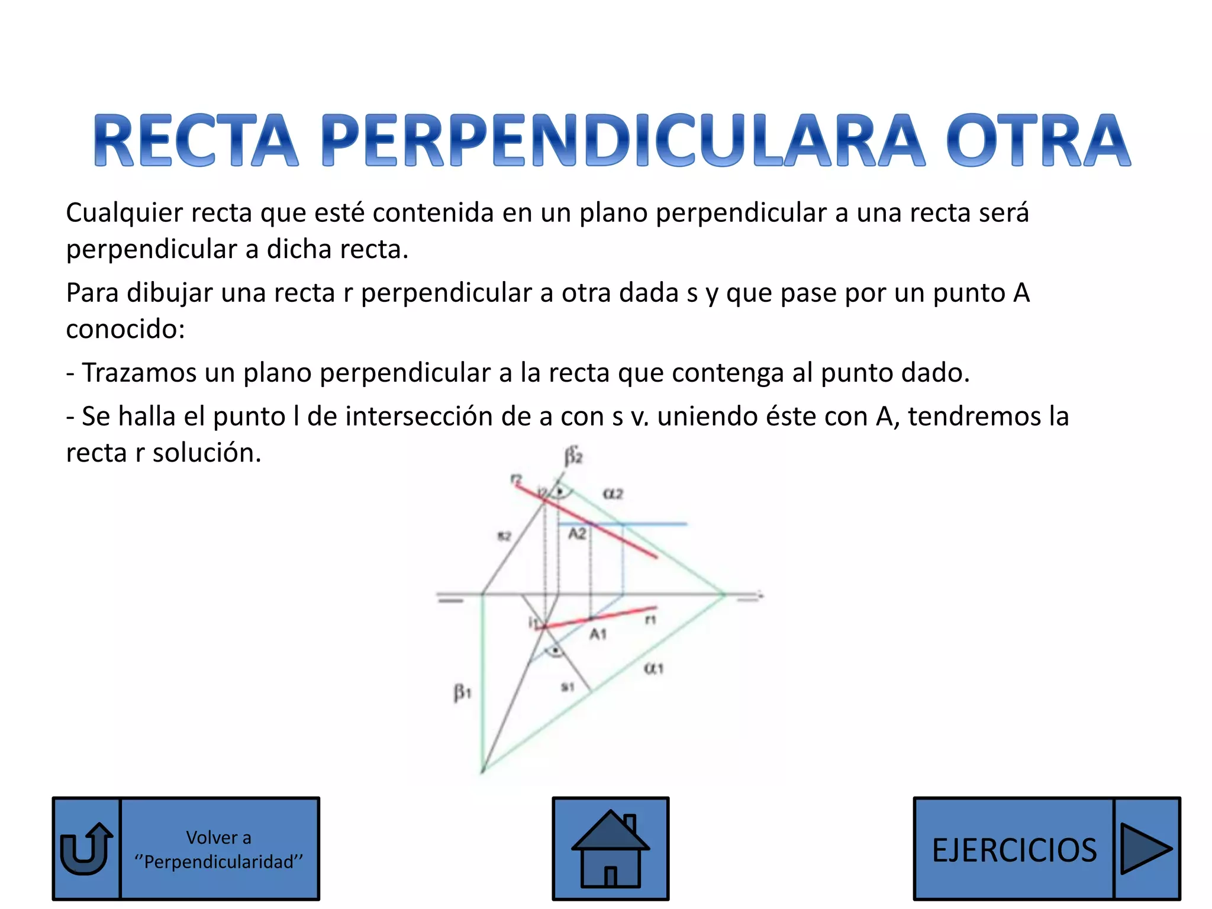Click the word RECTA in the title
195,141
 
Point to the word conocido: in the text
125,330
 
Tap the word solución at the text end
207,453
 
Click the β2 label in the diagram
573,456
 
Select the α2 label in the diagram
613,494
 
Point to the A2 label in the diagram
577,534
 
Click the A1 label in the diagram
598,634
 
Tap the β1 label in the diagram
462,692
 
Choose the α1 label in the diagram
653,669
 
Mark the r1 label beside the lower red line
650,620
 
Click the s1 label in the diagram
568,687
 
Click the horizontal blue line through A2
651,524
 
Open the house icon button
610,849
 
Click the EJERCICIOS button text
1014,850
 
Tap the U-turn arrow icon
86,849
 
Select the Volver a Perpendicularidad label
218,850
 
